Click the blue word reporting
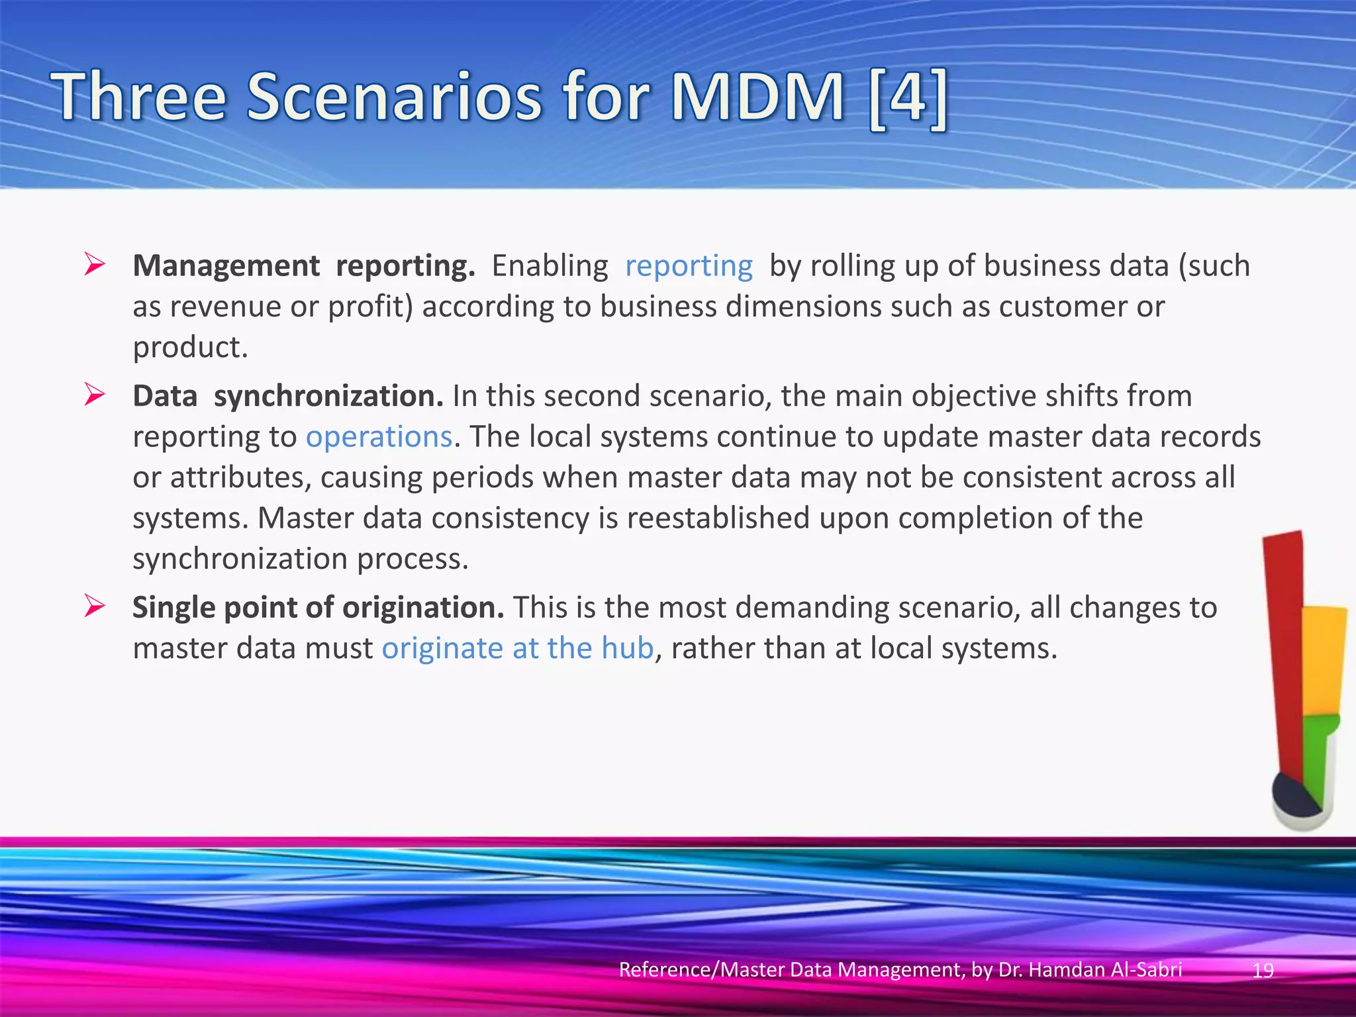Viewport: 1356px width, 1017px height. pos(689,266)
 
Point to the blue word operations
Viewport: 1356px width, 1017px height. pos(379,437)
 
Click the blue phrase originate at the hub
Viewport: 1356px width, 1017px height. pos(518,648)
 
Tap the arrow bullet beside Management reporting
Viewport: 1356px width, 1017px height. pos(95,265)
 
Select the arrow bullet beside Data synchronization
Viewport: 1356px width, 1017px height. pos(95,395)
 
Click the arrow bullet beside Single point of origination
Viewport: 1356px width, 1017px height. pos(95,606)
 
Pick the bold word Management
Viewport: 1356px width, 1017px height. pos(226,266)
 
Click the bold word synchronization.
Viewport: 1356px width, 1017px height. pos(328,396)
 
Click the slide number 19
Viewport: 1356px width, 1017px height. pos(1263,970)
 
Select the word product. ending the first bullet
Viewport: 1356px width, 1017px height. pos(191,348)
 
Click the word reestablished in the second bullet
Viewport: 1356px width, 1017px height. pos(718,518)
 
